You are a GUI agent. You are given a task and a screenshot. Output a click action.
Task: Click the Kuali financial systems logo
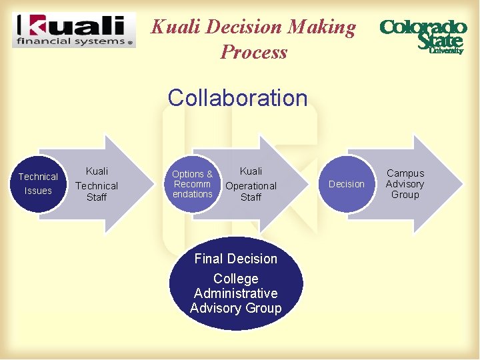tap(74, 30)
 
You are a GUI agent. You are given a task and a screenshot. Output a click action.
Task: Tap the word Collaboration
tap(237, 97)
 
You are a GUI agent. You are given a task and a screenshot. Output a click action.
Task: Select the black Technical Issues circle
tap(38, 184)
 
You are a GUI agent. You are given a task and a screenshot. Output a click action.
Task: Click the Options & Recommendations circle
tap(192, 184)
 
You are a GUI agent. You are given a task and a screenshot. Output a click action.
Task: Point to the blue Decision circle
tap(347, 184)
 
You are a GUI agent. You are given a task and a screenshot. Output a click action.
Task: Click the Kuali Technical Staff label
tap(97, 185)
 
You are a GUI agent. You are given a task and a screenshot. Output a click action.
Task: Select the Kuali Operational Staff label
tap(251, 185)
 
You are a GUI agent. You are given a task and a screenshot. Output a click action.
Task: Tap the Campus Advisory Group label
tap(405, 183)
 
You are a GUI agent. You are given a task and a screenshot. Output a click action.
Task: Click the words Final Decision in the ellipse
tap(235, 259)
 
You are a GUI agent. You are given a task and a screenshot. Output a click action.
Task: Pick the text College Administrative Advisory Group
tap(235, 293)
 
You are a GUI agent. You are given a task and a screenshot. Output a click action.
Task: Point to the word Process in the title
tap(253, 52)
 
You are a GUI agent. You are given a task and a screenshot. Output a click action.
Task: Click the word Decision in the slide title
tap(244, 27)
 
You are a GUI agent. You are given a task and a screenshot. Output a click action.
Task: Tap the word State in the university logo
tap(439, 41)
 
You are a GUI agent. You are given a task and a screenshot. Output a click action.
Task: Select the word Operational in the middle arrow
tap(251, 185)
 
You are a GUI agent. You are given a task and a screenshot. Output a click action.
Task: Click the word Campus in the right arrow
tap(405, 173)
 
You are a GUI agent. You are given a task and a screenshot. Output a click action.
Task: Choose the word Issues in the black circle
tap(38, 191)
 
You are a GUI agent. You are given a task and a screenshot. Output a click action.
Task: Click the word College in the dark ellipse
tap(235, 279)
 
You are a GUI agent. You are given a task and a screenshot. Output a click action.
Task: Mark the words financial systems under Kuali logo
tap(69, 41)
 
